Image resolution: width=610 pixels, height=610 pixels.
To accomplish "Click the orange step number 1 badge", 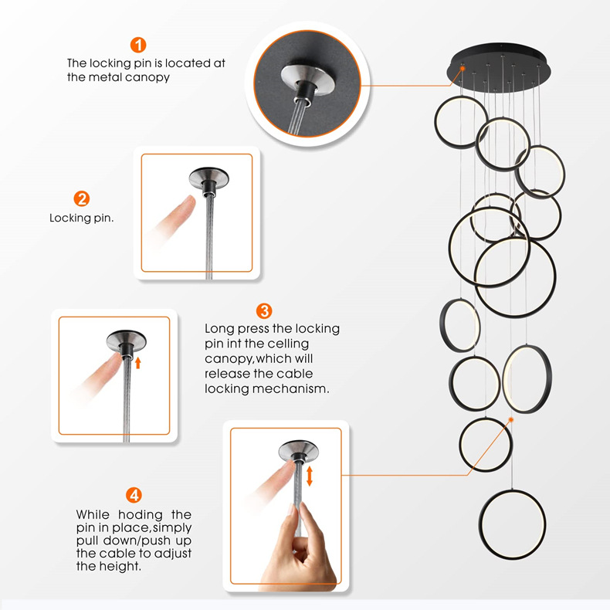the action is (138, 45).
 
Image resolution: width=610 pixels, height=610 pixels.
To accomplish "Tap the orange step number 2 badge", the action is (82, 198).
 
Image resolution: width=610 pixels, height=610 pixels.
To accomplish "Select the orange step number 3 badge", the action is (264, 311).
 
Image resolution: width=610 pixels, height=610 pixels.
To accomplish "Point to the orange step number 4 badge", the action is (134, 495).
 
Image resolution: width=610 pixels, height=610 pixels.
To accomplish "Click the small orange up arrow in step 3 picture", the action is (137, 363).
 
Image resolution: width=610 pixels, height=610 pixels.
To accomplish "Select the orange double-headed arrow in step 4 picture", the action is (310, 476).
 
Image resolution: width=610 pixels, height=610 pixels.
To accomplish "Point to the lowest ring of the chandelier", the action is (512, 524).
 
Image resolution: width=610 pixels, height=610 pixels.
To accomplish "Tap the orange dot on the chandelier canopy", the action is (463, 69).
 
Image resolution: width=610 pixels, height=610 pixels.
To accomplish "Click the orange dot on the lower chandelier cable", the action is (511, 419).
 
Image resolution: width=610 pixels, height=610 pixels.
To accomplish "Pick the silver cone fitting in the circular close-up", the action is (307, 80).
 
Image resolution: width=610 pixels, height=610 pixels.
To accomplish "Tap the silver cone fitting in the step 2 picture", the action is (209, 178).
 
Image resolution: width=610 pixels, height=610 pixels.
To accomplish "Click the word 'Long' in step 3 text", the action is (219, 329).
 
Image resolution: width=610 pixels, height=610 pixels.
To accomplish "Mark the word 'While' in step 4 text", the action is (92, 515).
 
